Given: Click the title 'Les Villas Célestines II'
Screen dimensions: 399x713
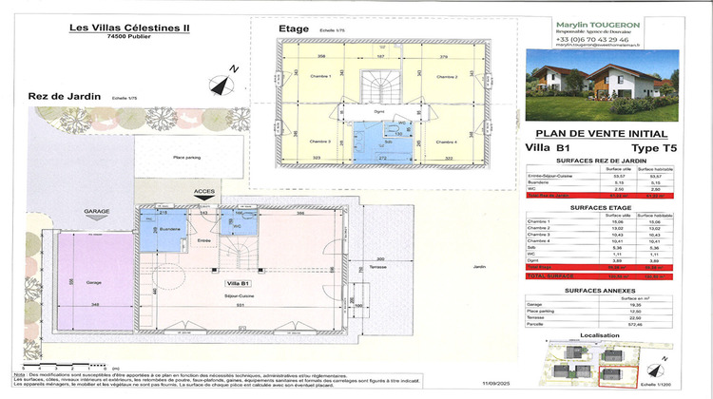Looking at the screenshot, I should pyautogui.click(x=129, y=28).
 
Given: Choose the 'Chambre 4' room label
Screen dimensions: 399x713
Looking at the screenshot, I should pyautogui.click(x=446, y=142).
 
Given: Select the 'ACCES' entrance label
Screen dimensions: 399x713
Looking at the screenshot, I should pyautogui.click(x=204, y=191).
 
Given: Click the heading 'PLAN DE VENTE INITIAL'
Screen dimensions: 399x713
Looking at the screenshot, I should pyautogui.click(x=599, y=133).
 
